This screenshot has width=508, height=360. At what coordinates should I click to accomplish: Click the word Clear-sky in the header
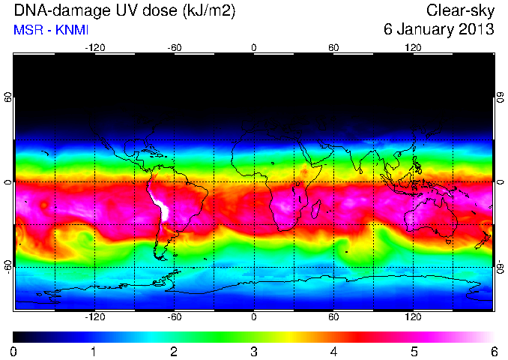tap(460, 11)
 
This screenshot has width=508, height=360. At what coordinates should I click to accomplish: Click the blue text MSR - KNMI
tap(51, 30)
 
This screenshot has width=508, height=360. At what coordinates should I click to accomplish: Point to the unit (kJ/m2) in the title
tap(208, 11)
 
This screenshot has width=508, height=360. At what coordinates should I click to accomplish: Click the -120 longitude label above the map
tap(95, 48)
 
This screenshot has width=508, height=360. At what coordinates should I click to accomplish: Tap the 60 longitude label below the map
tap(333, 316)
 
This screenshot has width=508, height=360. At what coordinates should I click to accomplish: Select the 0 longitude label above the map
tap(254, 48)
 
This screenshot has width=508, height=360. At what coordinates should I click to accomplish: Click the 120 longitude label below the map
tap(413, 316)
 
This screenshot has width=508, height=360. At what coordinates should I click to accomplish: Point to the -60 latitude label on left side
tap(7, 267)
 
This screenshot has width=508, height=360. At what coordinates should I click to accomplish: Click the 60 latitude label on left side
tap(7, 97)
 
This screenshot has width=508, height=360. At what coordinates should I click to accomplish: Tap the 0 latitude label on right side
tap(501, 182)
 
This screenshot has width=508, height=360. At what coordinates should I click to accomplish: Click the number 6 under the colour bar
tap(494, 352)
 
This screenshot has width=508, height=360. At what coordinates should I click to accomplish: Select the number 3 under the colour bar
tap(254, 352)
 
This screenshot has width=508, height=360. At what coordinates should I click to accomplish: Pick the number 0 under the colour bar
tap(13, 352)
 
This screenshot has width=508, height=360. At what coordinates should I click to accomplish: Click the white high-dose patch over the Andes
tap(163, 208)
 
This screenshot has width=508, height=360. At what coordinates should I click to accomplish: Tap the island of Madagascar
tap(316, 208)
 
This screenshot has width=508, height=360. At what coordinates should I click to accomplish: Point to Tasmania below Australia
tap(449, 241)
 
